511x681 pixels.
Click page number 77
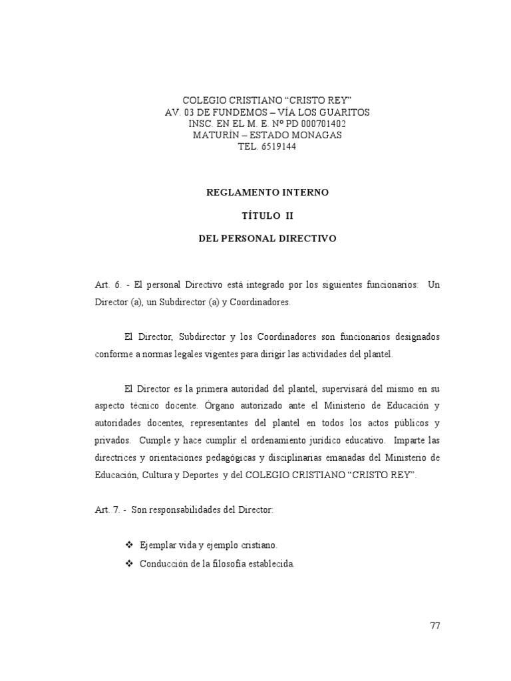tap(435, 625)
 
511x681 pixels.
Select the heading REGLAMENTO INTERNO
tap(267, 192)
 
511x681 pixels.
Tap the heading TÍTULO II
tap(267, 216)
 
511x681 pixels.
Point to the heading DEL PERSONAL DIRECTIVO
tap(267, 238)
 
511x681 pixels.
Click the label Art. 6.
tap(108, 284)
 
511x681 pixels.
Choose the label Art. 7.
tap(108, 510)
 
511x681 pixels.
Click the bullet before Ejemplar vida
tap(130, 545)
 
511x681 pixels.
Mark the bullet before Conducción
tap(130, 564)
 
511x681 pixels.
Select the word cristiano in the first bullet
tap(255, 545)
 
